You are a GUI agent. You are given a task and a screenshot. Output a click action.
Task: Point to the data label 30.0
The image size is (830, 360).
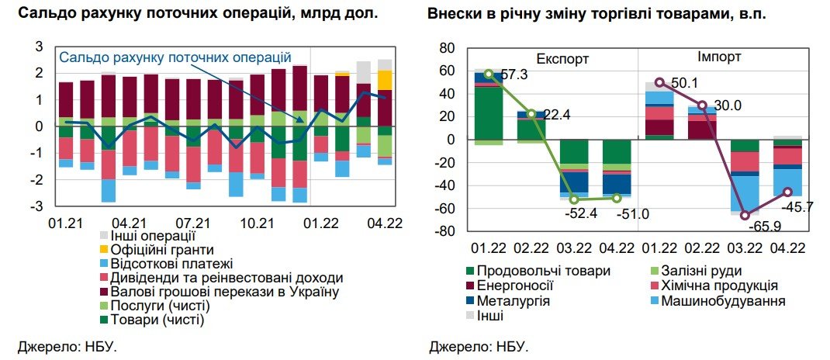pos(726,106)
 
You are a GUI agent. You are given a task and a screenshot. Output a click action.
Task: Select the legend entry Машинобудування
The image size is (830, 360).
pos(727,300)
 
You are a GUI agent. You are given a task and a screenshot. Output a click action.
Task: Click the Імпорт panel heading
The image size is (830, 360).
pos(718,57)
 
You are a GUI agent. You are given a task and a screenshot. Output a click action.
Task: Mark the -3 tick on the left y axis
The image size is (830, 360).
pos(37,206)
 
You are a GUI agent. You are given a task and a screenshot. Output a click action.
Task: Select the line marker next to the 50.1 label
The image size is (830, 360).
pos(659,82)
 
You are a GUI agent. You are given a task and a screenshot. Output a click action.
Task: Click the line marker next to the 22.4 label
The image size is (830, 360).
pos(531,114)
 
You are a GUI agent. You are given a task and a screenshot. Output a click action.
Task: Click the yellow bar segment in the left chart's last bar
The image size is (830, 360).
pos(385,80)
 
